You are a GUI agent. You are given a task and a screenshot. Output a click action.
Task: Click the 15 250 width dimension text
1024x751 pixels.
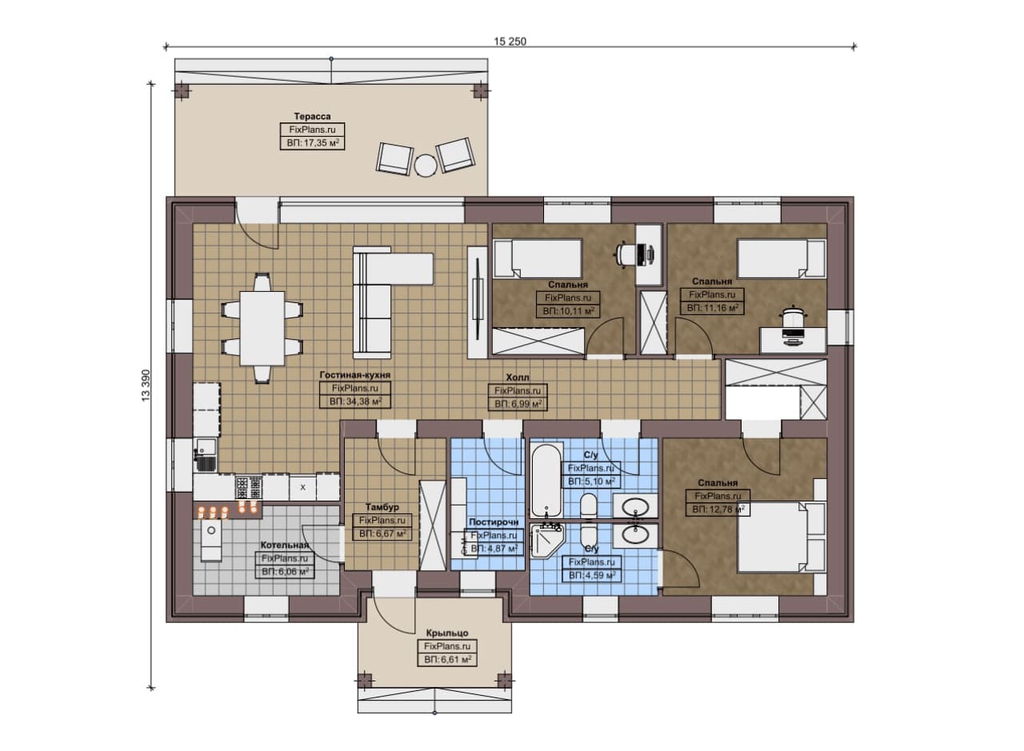click(510, 42)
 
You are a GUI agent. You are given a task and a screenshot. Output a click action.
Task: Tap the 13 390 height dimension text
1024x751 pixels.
click(146, 385)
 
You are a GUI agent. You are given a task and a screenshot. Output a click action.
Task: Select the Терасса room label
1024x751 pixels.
click(312, 117)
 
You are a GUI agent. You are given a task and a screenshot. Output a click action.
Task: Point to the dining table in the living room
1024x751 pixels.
click(262, 328)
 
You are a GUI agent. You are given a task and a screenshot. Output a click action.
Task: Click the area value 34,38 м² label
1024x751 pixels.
click(356, 402)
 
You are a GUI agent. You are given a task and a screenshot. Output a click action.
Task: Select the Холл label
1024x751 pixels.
click(518, 377)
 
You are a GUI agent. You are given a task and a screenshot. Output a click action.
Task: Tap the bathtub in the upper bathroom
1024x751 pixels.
click(546, 480)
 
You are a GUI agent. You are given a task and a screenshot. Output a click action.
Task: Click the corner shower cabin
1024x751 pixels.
click(548, 541)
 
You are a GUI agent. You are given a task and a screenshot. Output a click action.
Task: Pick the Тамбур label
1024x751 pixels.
click(382, 507)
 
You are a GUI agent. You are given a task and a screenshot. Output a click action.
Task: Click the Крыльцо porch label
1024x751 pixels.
click(447, 633)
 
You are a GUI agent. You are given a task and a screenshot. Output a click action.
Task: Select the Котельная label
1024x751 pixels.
click(284, 545)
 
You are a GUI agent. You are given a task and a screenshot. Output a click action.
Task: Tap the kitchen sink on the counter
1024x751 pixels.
click(206, 454)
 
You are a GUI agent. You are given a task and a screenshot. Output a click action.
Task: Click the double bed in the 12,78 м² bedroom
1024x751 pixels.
click(782, 537)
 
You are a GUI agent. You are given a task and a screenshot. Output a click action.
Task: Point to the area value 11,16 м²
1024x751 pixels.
click(713, 308)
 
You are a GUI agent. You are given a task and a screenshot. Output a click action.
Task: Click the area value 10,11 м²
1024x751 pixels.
click(568, 311)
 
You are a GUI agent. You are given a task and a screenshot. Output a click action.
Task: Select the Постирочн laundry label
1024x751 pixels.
click(494, 522)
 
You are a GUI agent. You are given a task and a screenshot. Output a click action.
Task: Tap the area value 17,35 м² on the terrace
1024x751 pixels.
click(313, 143)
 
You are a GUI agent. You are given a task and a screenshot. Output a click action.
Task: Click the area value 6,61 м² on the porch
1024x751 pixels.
click(447, 660)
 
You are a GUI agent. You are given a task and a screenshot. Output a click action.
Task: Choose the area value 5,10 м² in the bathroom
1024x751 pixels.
click(591, 481)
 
